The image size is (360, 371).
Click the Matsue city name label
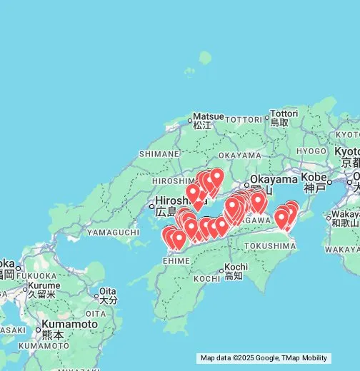[x=208, y=116]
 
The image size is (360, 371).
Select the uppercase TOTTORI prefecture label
[x=244, y=119]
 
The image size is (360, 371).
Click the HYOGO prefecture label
[x=311, y=151]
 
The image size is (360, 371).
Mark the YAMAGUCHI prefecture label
[x=112, y=232]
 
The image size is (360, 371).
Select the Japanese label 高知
[x=233, y=275]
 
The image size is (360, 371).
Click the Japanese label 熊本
[x=52, y=335]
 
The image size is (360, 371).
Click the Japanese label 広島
[x=166, y=212]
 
